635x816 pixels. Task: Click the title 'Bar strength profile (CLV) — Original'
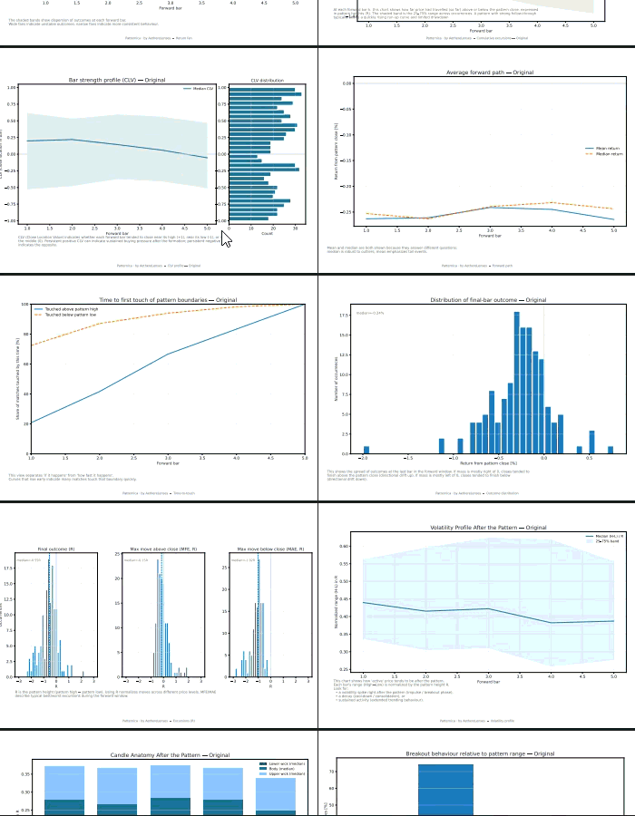117,80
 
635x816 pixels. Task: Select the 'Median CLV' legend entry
202,89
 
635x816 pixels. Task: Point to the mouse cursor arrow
225,238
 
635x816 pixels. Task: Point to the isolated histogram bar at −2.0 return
366,449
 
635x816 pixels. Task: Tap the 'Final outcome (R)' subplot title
54,549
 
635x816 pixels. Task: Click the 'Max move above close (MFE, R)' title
162,549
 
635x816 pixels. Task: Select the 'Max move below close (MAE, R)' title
269,549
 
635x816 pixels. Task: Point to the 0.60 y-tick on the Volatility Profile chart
345,546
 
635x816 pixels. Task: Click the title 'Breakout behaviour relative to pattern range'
480,753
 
